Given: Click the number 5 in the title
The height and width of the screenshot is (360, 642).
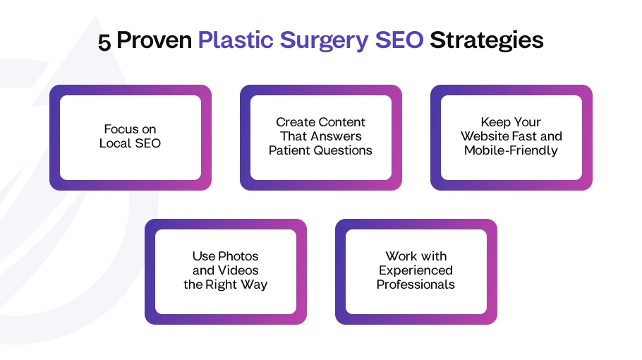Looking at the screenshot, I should pos(104,42).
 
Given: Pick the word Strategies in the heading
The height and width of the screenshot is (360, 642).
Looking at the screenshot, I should pos(487,41).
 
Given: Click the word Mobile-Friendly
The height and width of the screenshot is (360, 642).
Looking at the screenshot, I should pos(511,150).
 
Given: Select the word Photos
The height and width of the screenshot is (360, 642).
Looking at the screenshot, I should pos(238,256).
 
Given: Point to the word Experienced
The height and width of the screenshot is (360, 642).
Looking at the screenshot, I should pos(416,270).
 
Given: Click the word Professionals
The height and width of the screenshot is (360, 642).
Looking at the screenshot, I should pos(416,284).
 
